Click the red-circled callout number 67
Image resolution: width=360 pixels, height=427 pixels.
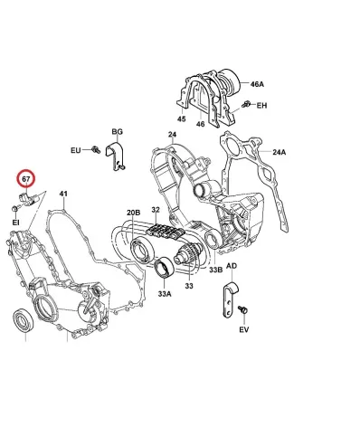point(26,179)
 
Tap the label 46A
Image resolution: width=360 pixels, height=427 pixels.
point(257,84)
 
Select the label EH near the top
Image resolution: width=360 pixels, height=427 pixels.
point(261,106)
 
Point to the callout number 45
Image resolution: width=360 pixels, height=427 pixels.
point(182,119)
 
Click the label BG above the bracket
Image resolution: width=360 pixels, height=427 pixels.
point(118,132)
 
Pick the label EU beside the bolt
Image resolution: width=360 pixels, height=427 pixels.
point(76,150)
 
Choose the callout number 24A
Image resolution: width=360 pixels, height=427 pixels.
point(279,152)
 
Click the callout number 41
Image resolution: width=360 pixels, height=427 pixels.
point(63,194)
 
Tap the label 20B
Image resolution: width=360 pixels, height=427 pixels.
point(133,213)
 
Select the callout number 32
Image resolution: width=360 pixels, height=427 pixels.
point(156,210)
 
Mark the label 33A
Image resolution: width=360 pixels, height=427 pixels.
point(165,293)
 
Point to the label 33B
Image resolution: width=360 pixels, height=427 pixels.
point(216,270)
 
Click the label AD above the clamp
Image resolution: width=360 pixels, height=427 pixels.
point(232,266)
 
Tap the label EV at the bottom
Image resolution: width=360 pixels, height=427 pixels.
point(244,330)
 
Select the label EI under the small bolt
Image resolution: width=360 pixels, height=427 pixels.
point(15,223)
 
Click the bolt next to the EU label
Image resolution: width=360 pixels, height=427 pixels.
point(96,149)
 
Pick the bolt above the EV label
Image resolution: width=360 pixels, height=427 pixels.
point(242,309)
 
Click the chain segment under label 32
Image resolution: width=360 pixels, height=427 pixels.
point(165,232)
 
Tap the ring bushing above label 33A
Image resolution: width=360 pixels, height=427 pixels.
point(164,266)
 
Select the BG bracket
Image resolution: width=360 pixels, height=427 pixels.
point(116,156)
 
